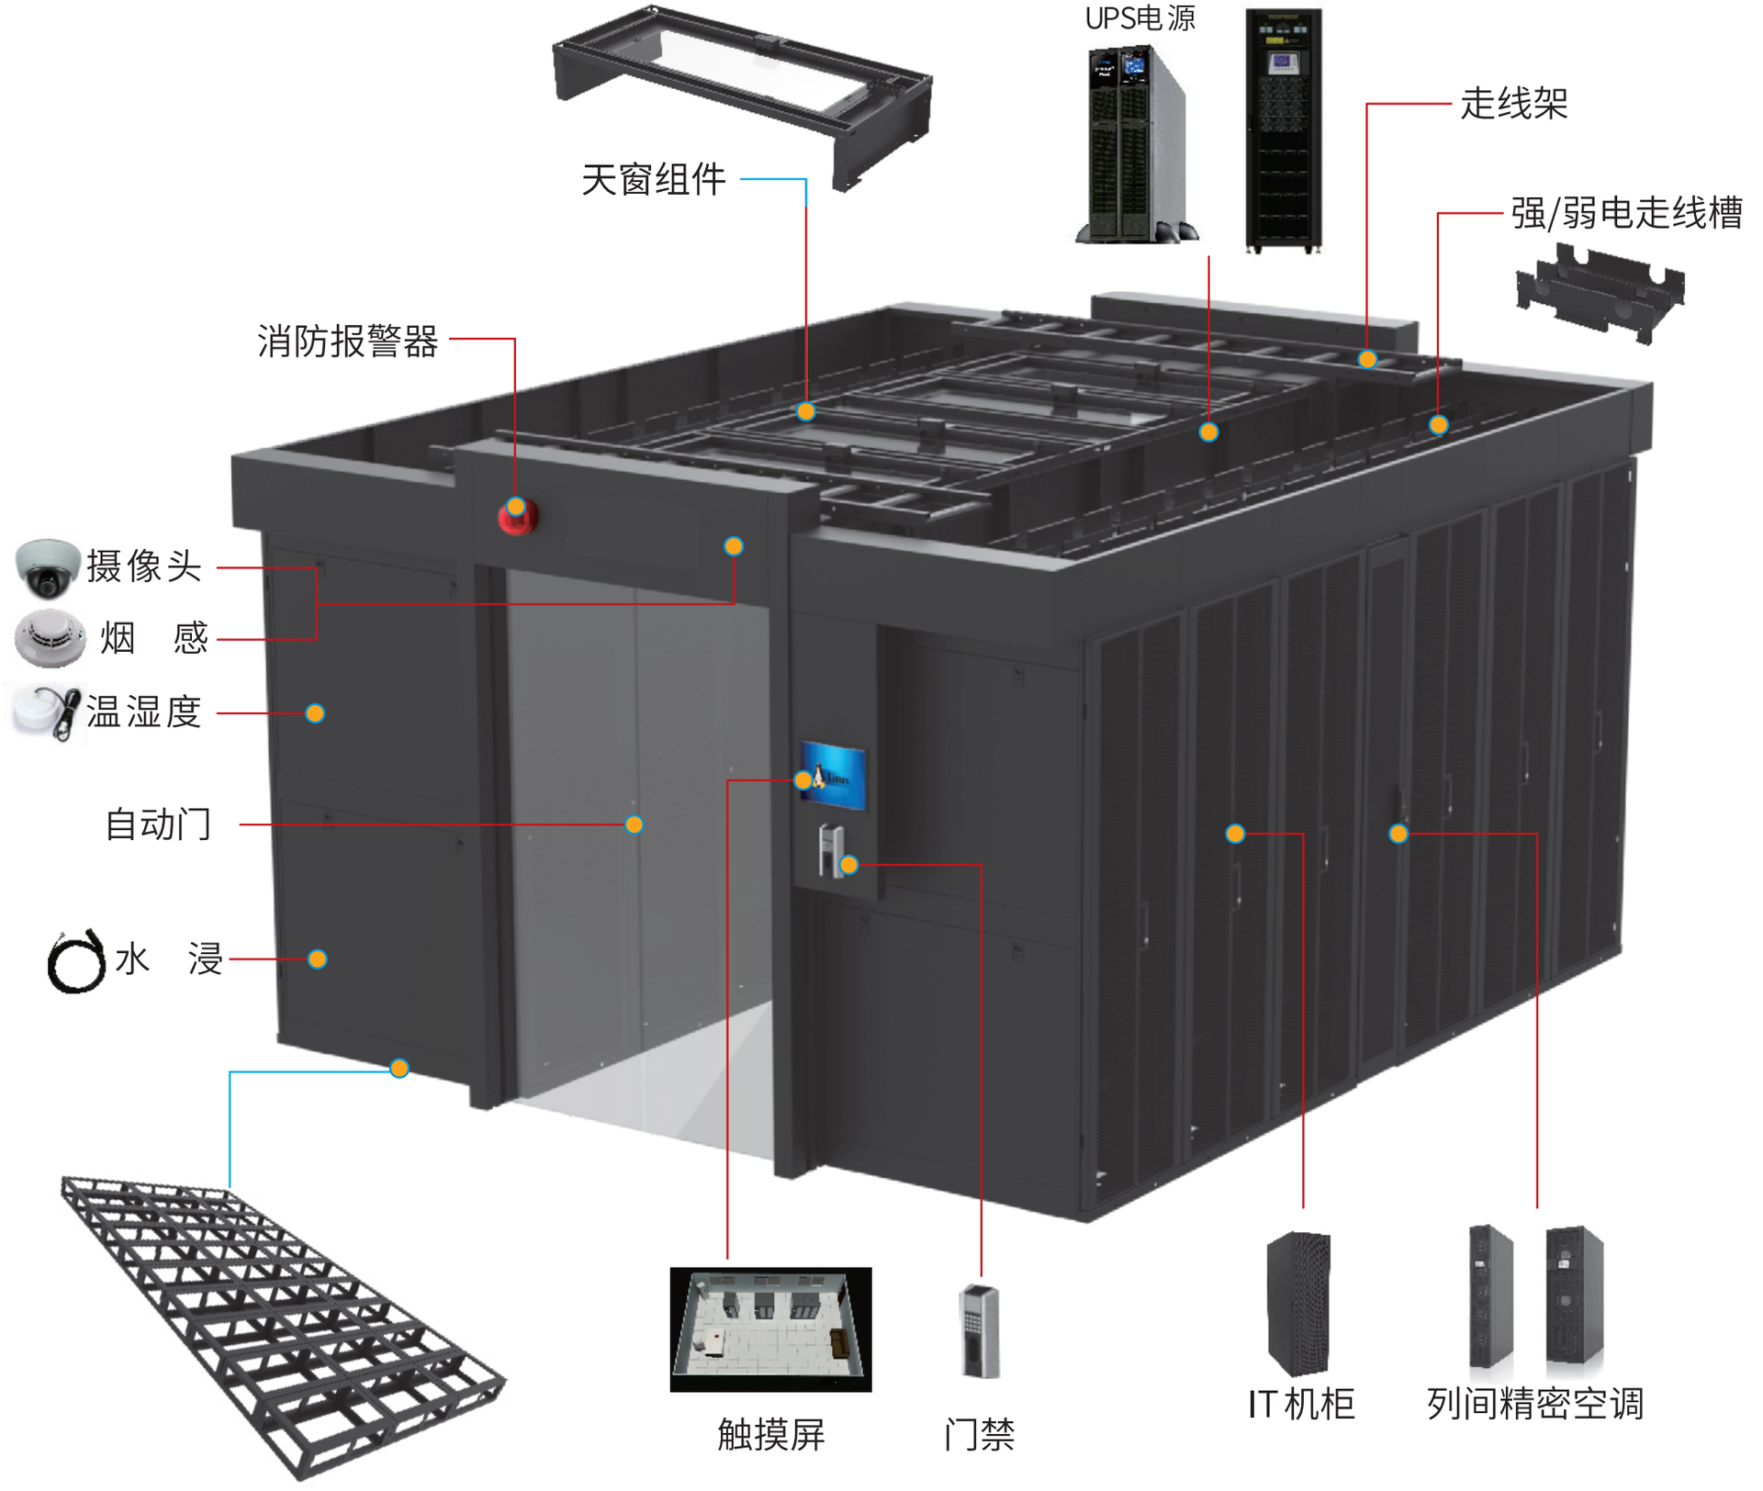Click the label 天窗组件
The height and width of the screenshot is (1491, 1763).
[x=654, y=180]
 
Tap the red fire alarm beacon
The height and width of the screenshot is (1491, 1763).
[x=517, y=516]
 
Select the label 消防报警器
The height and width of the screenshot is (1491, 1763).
[x=347, y=342]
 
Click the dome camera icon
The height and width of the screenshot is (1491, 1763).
[x=48, y=566]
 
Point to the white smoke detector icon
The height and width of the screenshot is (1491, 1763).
[x=51, y=637]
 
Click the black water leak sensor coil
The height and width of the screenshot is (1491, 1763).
[x=76, y=961]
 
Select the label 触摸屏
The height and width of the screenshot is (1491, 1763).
[x=771, y=1434]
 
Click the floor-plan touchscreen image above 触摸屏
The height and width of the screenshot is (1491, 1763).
[x=770, y=1328]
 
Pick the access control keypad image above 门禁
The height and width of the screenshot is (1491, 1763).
[x=979, y=1330]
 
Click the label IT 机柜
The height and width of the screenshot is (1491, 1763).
[x=1301, y=1404]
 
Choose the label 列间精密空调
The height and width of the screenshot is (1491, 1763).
[x=1535, y=1404]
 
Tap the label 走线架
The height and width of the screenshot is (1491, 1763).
[x=1513, y=104]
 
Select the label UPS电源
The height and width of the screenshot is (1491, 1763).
[x=1140, y=18]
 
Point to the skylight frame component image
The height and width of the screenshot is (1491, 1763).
[x=742, y=92]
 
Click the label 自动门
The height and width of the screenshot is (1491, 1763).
[x=158, y=824]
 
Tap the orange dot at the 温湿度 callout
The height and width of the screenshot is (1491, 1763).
[x=315, y=713]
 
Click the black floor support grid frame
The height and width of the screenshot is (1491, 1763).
[x=275, y=1322]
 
